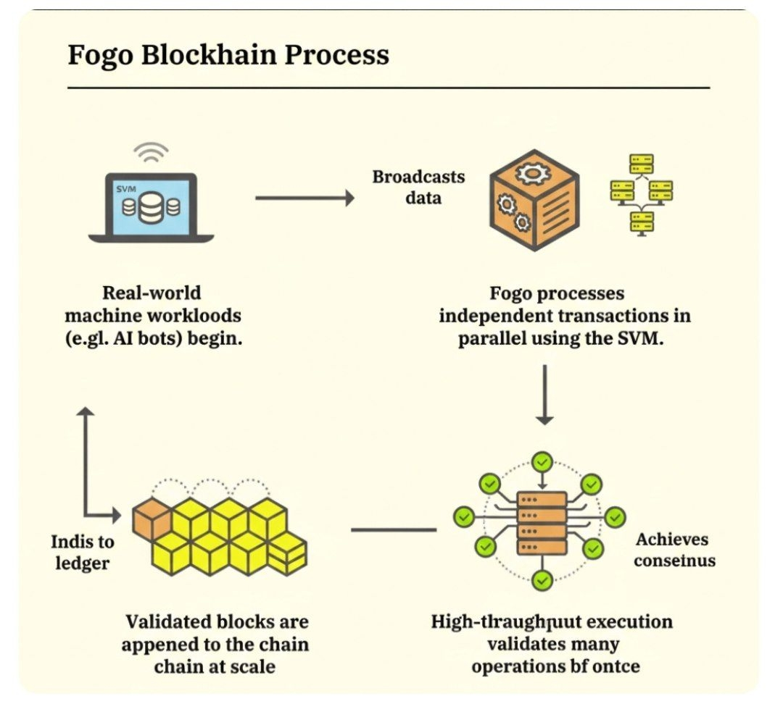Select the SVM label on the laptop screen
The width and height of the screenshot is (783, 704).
126,189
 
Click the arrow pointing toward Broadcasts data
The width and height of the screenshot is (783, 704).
304,198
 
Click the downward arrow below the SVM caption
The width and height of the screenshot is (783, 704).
544,395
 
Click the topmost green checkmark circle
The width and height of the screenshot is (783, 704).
542,461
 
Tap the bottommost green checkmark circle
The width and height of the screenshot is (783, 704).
542,579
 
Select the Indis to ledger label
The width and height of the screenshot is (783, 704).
83,552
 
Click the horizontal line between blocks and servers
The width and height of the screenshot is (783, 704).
394,529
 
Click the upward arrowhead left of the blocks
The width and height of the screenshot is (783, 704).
86,412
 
